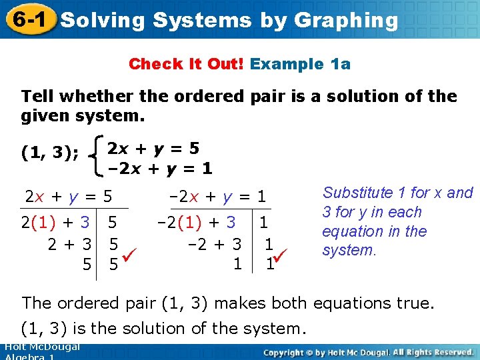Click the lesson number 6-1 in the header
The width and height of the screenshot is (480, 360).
28,19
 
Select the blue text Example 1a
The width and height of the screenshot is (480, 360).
301,64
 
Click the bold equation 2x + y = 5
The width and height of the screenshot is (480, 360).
153,147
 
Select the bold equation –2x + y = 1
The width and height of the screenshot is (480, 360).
160,169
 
